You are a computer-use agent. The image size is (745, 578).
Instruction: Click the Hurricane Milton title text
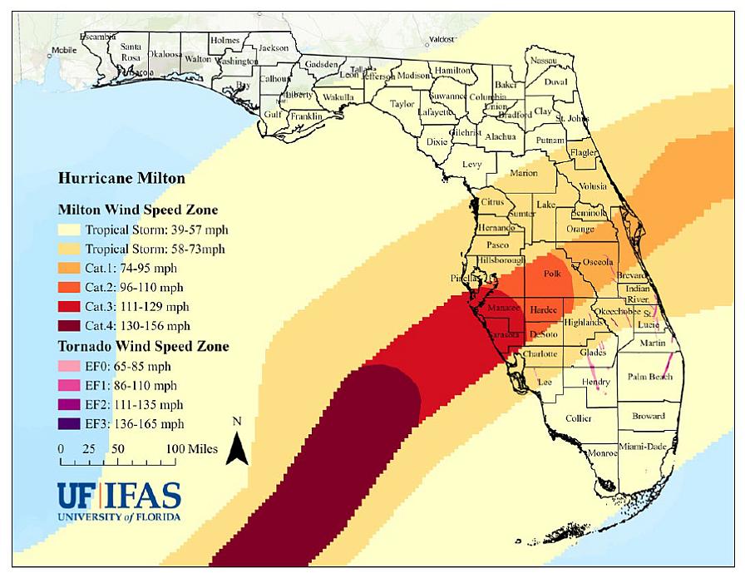[121, 178]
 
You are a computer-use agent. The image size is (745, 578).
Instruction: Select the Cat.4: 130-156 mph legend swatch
[70, 325]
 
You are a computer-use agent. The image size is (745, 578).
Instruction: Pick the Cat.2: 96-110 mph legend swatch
[70, 287]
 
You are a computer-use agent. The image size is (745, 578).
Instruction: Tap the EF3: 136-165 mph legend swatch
[70, 424]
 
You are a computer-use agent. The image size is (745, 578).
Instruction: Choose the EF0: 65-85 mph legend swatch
[70, 366]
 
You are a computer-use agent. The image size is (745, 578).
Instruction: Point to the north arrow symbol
[237, 446]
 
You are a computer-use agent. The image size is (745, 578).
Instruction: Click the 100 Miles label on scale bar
[191, 449]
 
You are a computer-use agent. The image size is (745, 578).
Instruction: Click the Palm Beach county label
[650, 377]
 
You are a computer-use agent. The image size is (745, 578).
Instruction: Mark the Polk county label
[552, 273]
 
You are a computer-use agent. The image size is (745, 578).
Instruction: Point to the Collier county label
[579, 418]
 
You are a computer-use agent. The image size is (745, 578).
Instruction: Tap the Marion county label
[524, 174]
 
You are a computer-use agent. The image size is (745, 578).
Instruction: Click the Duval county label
[555, 82]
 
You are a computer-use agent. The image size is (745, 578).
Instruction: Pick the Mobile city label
[63, 50]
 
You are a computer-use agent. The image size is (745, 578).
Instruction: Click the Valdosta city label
[442, 38]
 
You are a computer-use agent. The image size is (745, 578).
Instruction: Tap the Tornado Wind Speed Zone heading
[143, 346]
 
